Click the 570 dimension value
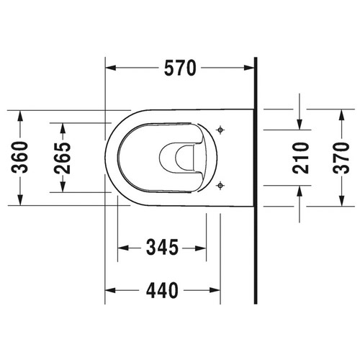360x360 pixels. pyautogui.click(x=179, y=69)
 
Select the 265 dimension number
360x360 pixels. pyautogui.click(x=63, y=158)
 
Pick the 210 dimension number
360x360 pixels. pyautogui.click(x=300, y=158)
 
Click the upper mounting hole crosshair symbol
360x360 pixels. pyautogui.click(x=221, y=130)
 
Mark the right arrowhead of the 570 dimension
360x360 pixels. pyautogui.click(x=251, y=69)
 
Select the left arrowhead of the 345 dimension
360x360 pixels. pyautogui.click(x=121, y=248)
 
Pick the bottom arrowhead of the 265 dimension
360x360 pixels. pyautogui.click(x=63, y=189)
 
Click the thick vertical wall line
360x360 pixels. pyautogui.click(x=256, y=180)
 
